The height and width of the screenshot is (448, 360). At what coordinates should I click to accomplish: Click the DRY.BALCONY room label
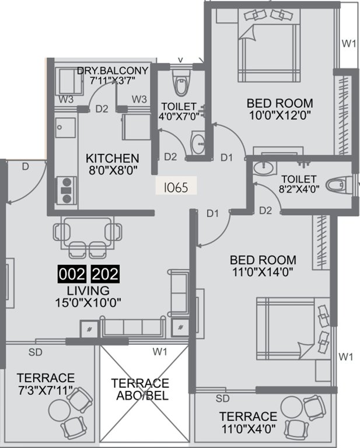[113, 71]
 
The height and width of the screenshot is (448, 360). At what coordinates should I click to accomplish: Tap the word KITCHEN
[113, 158]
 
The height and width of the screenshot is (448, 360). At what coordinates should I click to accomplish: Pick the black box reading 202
[106, 275]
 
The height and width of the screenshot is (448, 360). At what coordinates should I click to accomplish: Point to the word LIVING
[88, 290]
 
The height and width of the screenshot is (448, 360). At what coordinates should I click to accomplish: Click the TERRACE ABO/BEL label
[140, 390]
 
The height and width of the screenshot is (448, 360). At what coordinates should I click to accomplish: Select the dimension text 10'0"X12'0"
[279, 115]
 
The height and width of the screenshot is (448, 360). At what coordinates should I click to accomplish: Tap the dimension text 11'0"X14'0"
[263, 272]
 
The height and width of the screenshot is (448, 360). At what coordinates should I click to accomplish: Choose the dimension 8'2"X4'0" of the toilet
[298, 190]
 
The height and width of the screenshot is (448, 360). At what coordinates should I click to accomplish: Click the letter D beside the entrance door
[25, 167]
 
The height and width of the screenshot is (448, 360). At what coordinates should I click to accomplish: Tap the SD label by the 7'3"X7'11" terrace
[36, 352]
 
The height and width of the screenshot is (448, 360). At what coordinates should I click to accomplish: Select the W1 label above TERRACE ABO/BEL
[159, 351]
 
